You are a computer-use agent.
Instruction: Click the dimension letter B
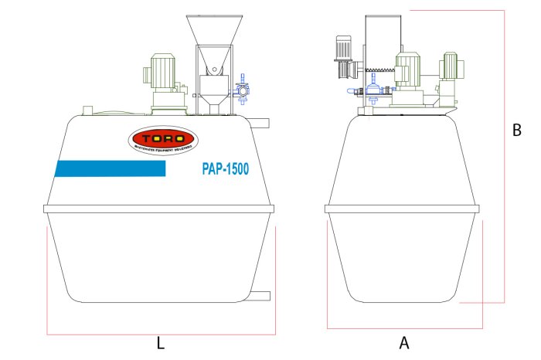517,131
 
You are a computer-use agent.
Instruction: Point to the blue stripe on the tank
110,169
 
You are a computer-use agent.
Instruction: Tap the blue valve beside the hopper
243,88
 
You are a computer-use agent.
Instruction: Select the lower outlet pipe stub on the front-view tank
260,296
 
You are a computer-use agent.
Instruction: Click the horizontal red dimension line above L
161,334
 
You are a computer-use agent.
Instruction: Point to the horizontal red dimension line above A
404,328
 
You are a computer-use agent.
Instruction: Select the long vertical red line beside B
505,155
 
